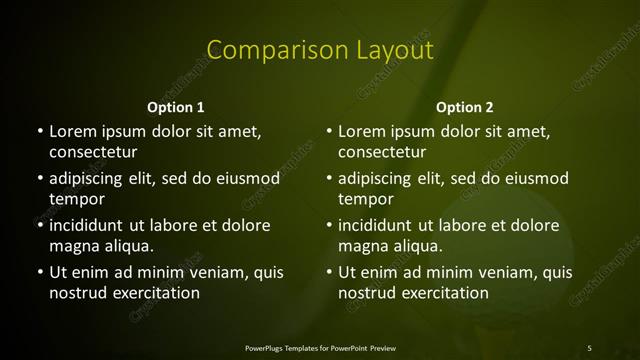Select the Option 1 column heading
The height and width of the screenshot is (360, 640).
[x=176, y=107]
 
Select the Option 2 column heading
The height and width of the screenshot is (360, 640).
[x=465, y=107]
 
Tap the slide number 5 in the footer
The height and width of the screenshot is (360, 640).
[x=589, y=347]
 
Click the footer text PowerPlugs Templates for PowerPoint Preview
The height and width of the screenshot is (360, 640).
[x=319, y=347]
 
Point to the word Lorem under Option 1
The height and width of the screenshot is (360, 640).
[x=72, y=131]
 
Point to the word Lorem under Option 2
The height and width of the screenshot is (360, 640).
[x=361, y=131]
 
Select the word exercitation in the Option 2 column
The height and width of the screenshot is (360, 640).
[x=441, y=293]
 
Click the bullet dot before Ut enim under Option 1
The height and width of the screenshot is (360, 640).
[x=40, y=272]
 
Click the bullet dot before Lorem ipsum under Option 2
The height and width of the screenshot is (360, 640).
[x=329, y=131]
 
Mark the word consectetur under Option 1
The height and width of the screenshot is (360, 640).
[x=93, y=152]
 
